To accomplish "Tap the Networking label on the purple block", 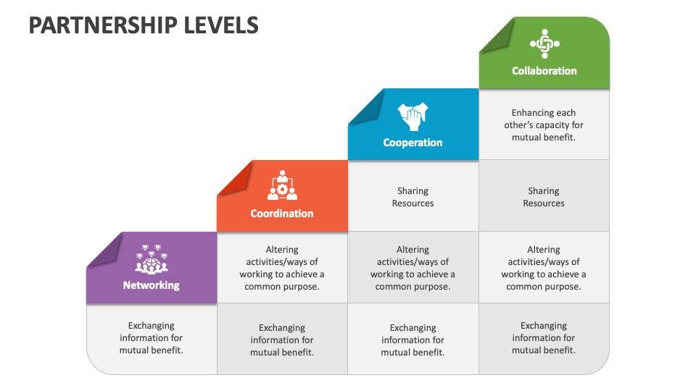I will pyautogui.click(x=151, y=285).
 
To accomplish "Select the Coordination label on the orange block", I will pyautogui.click(x=282, y=214).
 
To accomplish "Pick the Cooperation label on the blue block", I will pyautogui.click(x=413, y=143).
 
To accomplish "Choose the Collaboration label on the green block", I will pyautogui.click(x=544, y=71).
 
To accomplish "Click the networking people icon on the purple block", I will pyautogui.click(x=151, y=258).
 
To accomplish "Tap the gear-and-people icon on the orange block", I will pyautogui.click(x=282, y=186).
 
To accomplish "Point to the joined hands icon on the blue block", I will pyautogui.click(x=413, y=115).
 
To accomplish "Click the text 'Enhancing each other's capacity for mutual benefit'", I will pyautogui.click(x=544, y=125).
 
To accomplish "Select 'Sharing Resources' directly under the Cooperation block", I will pyautogui.click(x=413, y=197).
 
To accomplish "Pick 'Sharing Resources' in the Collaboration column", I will pyautogui.click(x=544, y=197).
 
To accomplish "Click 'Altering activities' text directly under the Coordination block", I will pyautogui.click(x=282, y=268).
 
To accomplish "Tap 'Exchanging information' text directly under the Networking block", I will pyautogui.click(x=151, y=338).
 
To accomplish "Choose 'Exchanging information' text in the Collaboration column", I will pyautogui.click(x=544, y=338).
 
